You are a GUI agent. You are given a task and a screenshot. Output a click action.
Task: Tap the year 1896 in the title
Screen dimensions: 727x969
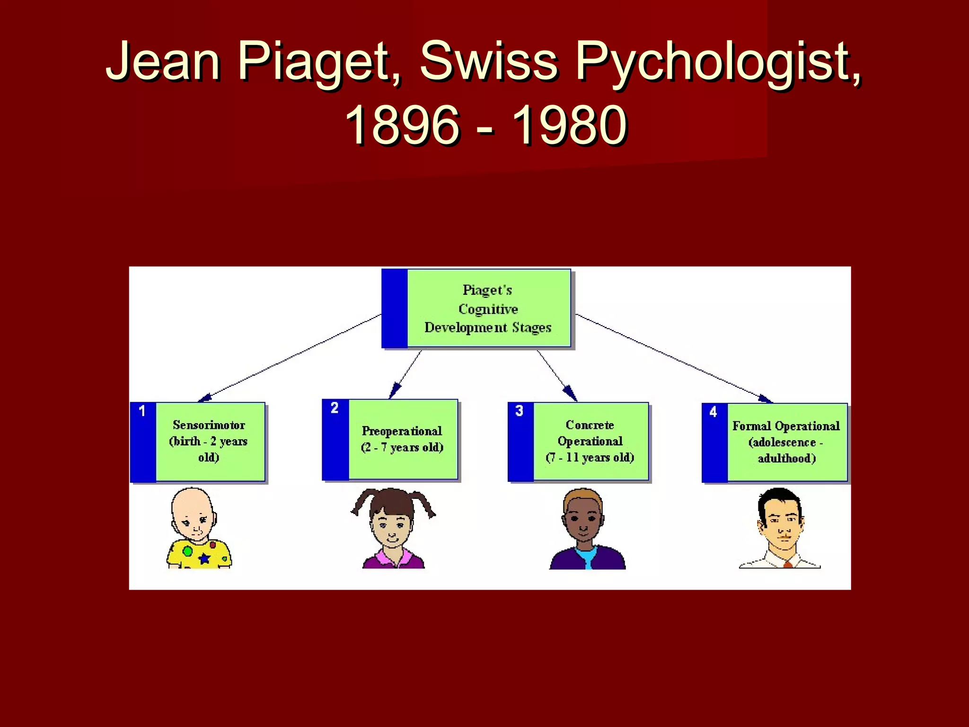pos(402,124)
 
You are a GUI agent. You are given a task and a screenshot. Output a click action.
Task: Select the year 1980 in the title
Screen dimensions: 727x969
pos(570,124)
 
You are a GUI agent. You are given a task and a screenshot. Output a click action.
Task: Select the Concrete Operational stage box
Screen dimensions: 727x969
pos(590,441)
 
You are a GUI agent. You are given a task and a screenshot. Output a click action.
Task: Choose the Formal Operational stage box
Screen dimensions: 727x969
pos(786,442)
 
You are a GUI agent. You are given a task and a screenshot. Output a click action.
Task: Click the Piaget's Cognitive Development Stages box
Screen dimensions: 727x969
pos(488,309)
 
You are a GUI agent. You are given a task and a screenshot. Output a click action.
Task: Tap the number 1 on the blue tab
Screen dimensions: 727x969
pos(142,411)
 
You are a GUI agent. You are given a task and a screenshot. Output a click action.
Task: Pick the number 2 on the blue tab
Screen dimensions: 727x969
pos(335,408)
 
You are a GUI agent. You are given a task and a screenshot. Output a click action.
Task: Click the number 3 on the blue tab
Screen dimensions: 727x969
pos(519,410)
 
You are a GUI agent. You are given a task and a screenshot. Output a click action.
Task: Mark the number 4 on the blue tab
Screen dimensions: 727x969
pos(713,412)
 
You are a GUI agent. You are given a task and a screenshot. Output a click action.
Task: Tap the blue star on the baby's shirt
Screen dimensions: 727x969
pos(204,559)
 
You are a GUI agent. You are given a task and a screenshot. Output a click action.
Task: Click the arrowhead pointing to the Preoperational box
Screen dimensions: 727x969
pos(394,392)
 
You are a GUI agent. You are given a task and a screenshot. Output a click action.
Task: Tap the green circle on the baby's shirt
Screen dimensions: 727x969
pos(187,551)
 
